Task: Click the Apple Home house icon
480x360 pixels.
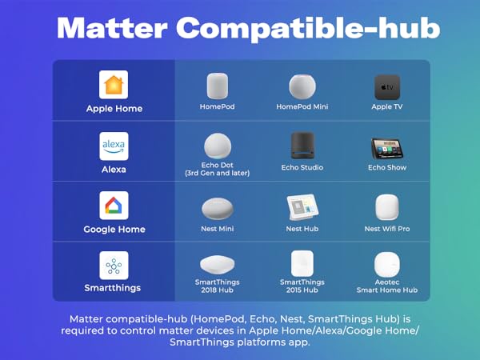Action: [114, 85]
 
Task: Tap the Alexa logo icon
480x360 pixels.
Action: [114, 146]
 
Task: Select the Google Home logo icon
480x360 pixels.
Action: [114, 206]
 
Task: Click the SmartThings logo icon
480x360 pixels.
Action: [114, 265]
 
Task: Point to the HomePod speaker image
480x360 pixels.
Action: [218, 86]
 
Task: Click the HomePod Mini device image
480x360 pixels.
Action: [302, 86]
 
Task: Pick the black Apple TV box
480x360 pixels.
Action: [387, 86]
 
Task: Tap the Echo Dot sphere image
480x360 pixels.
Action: [217, 146]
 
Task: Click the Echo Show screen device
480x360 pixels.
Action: [387, 149]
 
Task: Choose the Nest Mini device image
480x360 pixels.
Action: [218, 208]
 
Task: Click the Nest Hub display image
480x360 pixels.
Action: [302, 208]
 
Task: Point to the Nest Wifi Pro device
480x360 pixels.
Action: [387, 208]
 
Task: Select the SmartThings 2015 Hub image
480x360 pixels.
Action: [302, 263]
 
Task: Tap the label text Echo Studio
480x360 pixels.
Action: [302, 168]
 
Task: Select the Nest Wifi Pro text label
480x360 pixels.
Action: [387, 229]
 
